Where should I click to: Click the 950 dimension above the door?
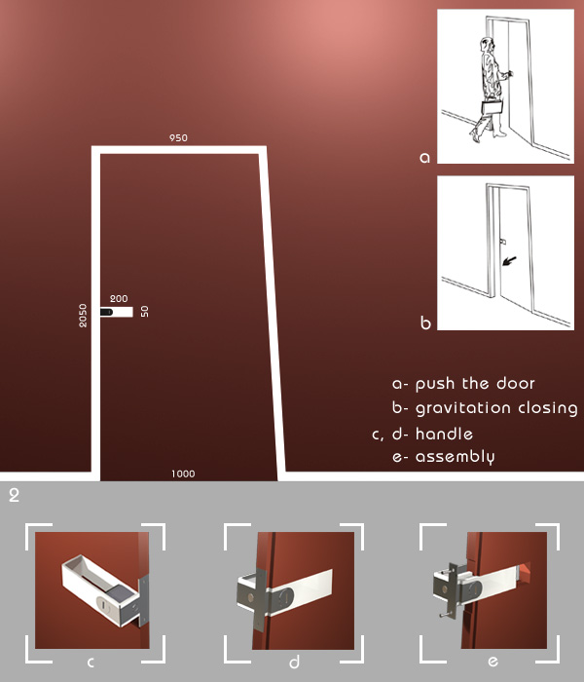pyautogui.click(x=178, y=138)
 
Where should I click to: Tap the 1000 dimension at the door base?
pyautogui.click(x=183, y=474)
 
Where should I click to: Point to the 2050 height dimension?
pyautogui.click(x=83, y=316)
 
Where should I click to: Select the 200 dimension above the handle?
pyautogui.click(x=119, y=299)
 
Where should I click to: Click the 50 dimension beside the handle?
pyautogui.click(x=145, y=312)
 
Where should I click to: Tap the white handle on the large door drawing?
pyautogui.click(x=117, y=312)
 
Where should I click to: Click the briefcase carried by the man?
pyautogui.click(x=493, y=107)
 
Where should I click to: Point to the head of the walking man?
pyautogui.click(x=487, y=45)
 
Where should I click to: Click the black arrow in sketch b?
pyautogui.click(x=509, y=260)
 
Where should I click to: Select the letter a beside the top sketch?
pyautogui.click(x=424, y=158)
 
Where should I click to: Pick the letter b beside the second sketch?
pyautogui.click(x=425, y=322)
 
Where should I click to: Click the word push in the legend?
pyautogui.click(x=435, y=385)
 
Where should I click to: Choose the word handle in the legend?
pyautogui.click(x=444, y=434)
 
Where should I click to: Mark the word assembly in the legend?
pyautogui.click(x=455, y=458)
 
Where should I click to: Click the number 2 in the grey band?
pyautogui.click(x=14, y=495)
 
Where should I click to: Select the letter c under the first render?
pyautogui.click(x=91, y=663)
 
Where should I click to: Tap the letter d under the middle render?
pyautogui.click(x=294, y=662)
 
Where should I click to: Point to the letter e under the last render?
pyautogui.click(x=493, y=662)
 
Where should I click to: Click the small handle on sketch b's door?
pyautogui.click(x=503, y=241)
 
